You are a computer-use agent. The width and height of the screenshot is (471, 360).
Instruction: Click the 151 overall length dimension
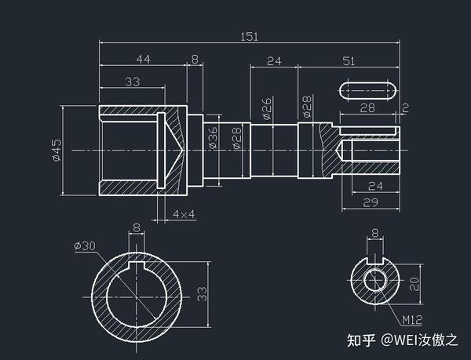249,36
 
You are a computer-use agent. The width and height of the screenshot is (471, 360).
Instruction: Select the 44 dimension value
143,59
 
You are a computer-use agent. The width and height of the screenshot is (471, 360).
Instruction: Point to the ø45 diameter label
56,149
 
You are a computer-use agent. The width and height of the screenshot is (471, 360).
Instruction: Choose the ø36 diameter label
213,136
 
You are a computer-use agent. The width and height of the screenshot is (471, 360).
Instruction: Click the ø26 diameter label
267,108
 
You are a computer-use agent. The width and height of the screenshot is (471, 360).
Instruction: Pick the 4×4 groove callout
183,213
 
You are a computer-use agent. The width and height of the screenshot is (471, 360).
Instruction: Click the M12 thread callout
412,320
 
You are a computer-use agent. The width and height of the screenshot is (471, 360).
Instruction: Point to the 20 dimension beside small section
414,282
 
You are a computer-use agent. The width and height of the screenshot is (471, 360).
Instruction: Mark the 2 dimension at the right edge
405,107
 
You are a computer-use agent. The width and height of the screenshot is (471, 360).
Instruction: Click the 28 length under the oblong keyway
367,107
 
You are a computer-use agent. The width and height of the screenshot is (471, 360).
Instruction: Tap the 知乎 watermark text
362,340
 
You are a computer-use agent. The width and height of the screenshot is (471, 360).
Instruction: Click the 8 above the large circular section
137,227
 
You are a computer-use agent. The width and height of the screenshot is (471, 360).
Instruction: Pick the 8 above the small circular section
374,232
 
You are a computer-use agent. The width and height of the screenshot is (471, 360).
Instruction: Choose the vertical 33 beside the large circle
202,294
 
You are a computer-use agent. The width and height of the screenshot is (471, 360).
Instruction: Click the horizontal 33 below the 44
132,81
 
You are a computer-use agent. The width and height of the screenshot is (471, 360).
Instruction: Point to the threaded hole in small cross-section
375,280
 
